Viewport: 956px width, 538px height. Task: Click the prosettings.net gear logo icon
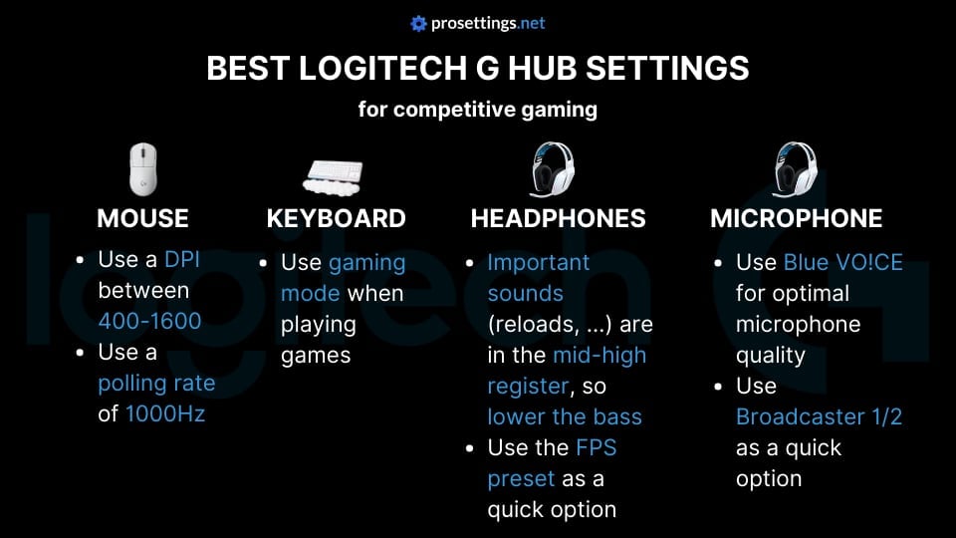(418, 23)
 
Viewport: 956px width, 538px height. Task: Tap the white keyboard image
(336, 176)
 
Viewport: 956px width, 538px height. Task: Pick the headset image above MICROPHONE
(796, 169)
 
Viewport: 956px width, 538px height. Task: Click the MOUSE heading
(142, 219)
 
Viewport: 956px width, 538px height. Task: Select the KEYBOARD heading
(336, 219)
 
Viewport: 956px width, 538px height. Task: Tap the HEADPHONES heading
(558, 219)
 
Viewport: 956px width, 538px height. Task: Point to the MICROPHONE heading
(796, 219)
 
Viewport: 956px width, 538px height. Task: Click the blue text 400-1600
(149, 321)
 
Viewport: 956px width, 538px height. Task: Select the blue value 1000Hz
(165, 413)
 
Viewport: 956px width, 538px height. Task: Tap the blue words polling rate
(156, 383)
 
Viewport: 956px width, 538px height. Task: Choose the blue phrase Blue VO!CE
(842, 263)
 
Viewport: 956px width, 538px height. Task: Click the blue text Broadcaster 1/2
(819, 416)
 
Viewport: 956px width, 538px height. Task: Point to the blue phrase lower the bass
(564, 416)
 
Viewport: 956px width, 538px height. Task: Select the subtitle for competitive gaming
(477, 109)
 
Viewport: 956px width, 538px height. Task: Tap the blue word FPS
(596, 447)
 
